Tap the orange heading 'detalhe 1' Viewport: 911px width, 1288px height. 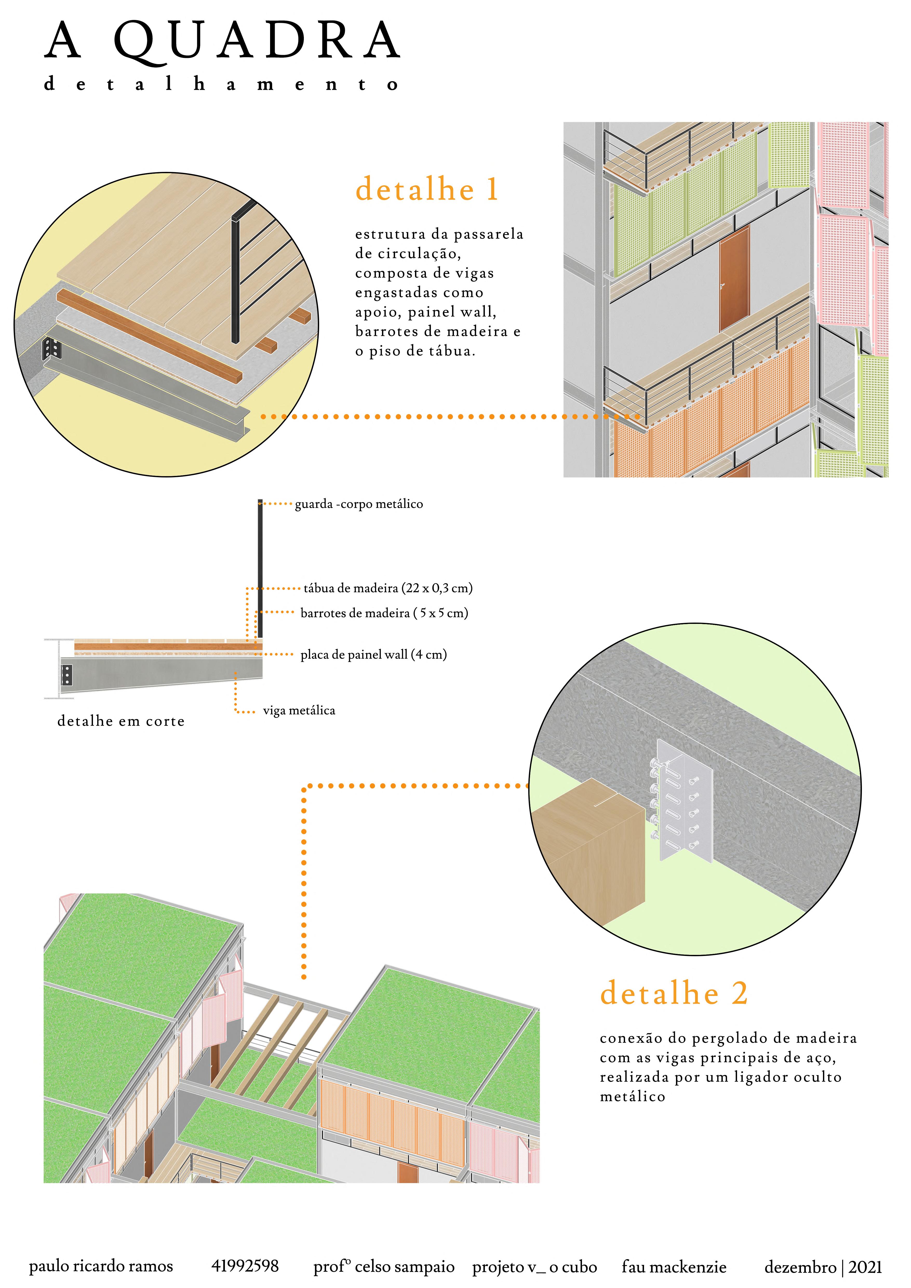click(x=427, y=189)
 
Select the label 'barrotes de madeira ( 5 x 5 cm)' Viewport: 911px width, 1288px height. click(x=384, y=613)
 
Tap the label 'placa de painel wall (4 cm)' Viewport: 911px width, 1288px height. click(x=374, y=655)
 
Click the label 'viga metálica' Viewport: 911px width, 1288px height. click(x=299, y=711)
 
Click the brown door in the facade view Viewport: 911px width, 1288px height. click(x=734, y=278)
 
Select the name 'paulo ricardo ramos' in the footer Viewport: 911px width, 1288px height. click(x=101, y=1266)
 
